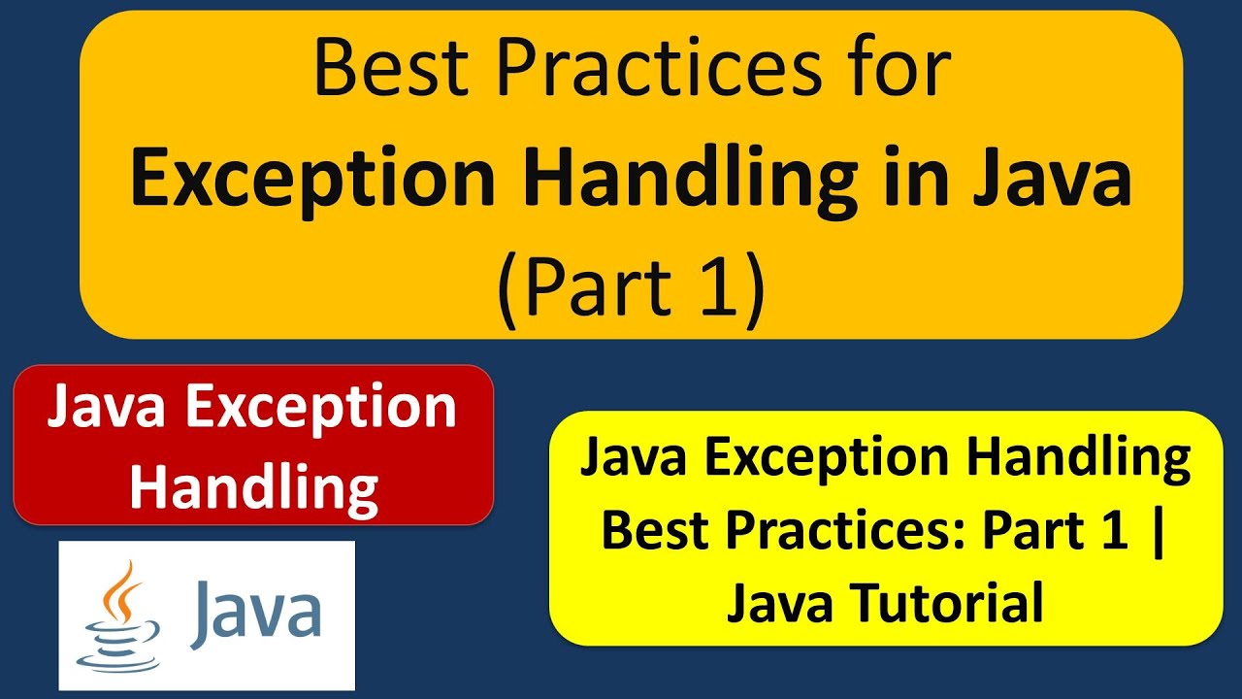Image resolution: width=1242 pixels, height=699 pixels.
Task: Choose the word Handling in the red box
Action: [253, 486]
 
